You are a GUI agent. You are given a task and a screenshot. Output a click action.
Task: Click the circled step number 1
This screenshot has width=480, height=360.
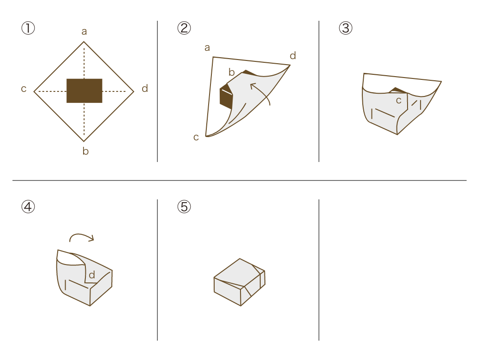tap(28, 28)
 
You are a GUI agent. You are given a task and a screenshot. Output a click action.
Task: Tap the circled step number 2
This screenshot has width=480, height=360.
tap(184, 28)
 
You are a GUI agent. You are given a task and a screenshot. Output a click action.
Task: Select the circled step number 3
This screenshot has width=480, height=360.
tap(346, 28)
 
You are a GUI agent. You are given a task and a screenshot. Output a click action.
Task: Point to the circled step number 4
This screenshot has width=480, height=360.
tap(28, 207)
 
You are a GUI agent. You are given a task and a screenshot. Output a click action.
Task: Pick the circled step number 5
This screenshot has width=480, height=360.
tap(184, 207)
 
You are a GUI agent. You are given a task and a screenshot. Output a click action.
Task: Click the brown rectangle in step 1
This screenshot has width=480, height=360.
tap(84, 90)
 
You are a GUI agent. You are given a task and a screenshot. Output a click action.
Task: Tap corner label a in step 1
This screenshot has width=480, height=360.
tap(84, 31)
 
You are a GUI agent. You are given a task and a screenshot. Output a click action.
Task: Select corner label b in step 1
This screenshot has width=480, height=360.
tap(86, 150)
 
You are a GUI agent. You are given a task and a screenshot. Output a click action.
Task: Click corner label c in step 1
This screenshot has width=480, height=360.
tap(24, 89)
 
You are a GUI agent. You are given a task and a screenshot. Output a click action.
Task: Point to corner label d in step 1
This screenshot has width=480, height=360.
tap(145, 89)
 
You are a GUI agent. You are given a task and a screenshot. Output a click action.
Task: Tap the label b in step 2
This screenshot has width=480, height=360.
tap(231, 72)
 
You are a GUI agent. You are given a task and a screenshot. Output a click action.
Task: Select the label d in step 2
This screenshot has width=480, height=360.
tap(293, 55)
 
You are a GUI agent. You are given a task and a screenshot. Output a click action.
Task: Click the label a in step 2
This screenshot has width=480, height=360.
tap(207, 48)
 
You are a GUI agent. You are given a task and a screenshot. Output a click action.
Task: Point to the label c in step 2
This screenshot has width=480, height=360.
tap(196, 137)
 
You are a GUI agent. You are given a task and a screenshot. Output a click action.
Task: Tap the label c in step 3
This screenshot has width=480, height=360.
tap(399, 101)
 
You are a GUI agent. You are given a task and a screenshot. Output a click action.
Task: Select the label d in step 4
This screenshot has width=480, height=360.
tap(92, 275)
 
